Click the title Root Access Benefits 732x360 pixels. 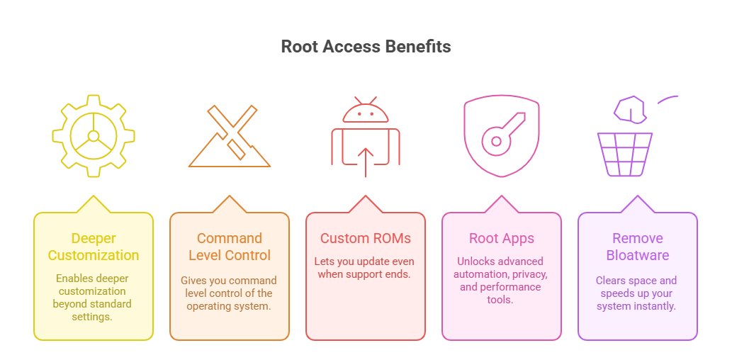pos(366,47)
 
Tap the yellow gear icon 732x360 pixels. pos(94,135)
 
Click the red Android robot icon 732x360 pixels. pos(366,136)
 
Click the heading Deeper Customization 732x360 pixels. pos(94,247)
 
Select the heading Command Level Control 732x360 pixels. pos(230,247)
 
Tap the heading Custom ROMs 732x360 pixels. pos(366,239)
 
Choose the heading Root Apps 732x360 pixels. pos(502,239)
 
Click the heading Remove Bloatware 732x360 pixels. pos(638,247)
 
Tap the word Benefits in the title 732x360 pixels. pos(418,47)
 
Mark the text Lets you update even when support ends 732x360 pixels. pos(366,268)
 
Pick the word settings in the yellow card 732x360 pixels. pos(93,317)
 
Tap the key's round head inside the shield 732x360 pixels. pos(495,142)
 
